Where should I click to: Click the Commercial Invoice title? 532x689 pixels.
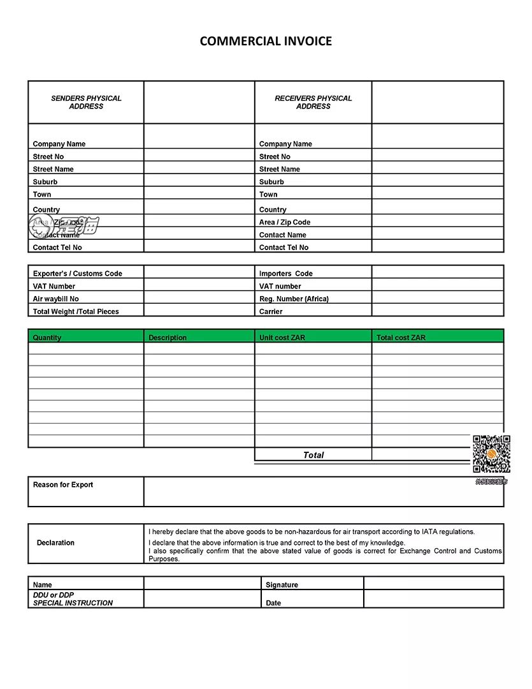point(266,41)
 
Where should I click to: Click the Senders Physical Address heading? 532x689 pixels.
point(86,102)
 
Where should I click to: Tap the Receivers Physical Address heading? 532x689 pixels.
point(313,102)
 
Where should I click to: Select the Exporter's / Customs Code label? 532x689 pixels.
point(77,274)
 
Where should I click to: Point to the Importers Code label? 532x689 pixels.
point(285,274)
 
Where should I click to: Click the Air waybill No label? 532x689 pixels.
point(56,299)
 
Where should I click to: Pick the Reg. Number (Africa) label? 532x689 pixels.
point(294,299)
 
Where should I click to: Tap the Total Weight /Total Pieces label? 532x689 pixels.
point(76,312)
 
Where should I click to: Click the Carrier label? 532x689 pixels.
point(271,312)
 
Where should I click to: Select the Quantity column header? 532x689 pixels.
point(47,337)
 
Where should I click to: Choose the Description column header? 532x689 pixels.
point(168,337)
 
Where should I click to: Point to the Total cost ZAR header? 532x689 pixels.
point(401,337)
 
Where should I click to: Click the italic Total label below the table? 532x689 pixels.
point(313,455)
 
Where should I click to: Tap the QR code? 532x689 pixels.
point(491,454)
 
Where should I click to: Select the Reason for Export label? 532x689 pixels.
point(63,485)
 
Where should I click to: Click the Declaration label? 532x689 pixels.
point(55,543)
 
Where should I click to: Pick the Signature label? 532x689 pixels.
point(282,585)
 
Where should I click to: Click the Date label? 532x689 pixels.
point(273,603)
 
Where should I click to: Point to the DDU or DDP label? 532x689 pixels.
point(54,595)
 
